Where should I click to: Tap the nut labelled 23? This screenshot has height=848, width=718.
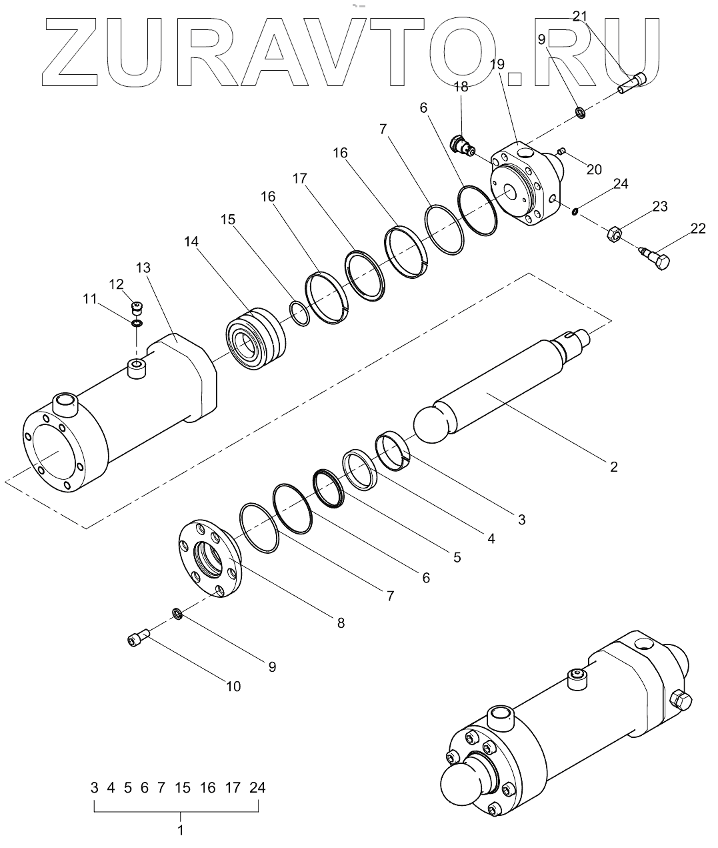[615, 234]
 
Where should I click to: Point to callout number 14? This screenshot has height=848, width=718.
[192, 242]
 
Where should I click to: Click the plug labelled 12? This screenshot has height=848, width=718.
[137, 308]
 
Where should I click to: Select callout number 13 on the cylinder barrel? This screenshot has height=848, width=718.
[143, 268]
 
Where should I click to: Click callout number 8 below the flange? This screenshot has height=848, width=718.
[341, 623]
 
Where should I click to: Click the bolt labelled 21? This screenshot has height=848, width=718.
[633, 82]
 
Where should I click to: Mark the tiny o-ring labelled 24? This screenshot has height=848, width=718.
[575, 212]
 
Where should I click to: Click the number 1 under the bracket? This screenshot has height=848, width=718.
[180, 831]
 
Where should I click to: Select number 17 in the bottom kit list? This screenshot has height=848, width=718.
[232, 788]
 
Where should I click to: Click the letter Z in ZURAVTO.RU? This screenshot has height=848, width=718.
[77, 51]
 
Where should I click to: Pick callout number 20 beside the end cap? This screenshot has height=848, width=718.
[594, 169]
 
